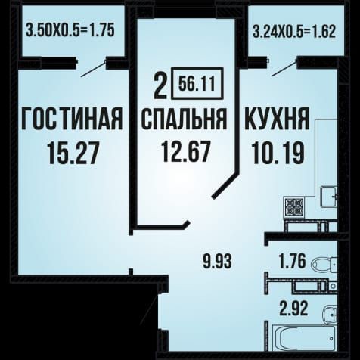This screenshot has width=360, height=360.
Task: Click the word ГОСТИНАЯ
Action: tap(72, 119)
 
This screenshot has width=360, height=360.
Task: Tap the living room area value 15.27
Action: tap(73, 153)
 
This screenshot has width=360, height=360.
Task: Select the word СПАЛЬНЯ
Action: tap(184, 119)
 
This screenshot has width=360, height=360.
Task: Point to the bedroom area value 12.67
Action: tap(186, 151)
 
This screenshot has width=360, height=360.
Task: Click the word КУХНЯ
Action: tap(277, 119)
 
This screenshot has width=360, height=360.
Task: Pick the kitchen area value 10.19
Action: tap(278, 152)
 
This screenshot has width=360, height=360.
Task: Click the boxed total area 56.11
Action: tap(197, 83)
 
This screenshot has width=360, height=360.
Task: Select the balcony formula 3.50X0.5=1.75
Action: tap(70, 30)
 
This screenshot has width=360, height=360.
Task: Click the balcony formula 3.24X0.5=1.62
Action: tap(294, 32)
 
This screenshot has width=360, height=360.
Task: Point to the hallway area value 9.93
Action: tap(217, 261)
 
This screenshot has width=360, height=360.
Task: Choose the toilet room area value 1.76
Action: tap(293, 261)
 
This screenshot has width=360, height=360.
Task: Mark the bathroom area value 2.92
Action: tap(293, 309)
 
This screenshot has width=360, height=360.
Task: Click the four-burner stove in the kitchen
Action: tap(294, 207)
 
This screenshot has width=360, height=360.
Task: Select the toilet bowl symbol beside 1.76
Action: tap(324, 265)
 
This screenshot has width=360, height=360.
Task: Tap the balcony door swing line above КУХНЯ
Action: tap(285, 67)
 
